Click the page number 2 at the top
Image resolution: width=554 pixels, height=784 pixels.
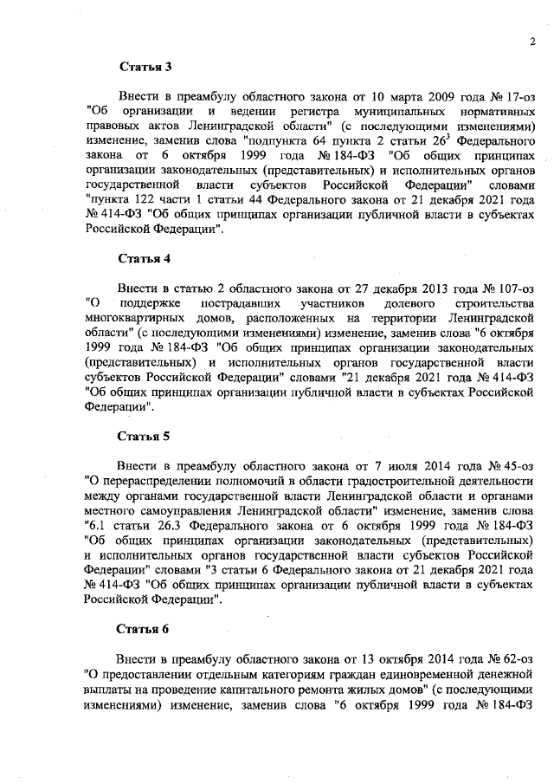532,41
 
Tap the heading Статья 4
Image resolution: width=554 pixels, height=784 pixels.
139,259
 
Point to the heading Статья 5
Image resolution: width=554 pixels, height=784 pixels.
139,437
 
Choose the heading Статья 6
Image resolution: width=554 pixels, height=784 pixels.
139,630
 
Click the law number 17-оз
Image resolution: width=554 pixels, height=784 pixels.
519,96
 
